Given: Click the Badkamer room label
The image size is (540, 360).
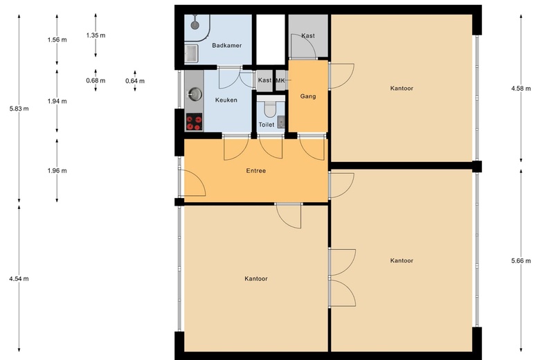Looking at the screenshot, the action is coord(226,46).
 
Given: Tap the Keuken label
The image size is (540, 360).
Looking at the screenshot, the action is coord(226,100).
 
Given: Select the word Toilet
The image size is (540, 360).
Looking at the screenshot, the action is coord(267,125).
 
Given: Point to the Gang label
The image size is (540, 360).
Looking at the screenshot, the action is coord(308,96).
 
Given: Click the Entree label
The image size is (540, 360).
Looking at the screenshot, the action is coord(256,170).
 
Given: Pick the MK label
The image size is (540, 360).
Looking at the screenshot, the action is coord(280,80).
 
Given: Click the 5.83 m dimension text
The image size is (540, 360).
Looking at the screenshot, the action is coord(19,109).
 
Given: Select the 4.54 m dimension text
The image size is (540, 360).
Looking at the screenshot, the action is coord(19,278).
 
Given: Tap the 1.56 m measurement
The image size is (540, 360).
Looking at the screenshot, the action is coord(57,39).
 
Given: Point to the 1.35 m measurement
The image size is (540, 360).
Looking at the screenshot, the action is coord(96,35).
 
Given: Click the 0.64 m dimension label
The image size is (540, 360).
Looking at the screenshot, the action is coord(135,81).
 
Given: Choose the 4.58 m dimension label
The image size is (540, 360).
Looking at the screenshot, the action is coord(521,88).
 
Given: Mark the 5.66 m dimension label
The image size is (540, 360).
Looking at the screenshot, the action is coord(521,261).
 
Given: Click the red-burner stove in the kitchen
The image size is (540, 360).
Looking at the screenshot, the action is coord(194,123).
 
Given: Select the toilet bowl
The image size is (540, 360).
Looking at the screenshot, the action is coord(269,109).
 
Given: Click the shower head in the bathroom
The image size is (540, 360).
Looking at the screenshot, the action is coord(195,25).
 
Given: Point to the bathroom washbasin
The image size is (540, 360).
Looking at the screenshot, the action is coord(191,54).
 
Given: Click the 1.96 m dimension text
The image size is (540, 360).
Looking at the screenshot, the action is coord(57,170).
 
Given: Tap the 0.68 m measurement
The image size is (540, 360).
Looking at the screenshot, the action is coord(96,80).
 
